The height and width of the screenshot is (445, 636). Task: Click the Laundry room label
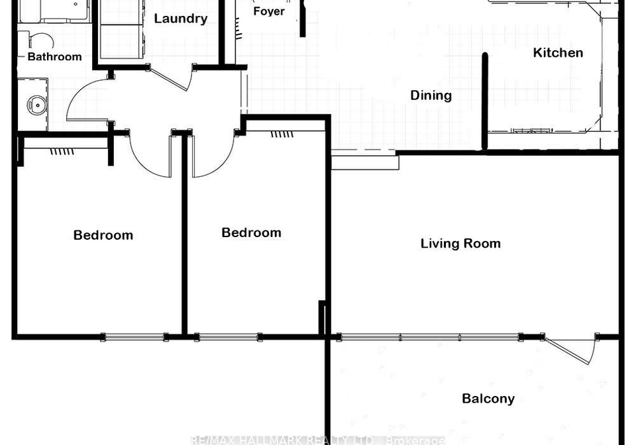[180, 19]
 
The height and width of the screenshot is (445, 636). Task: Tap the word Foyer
[269, 11]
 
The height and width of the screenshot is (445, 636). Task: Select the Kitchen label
[558, 53]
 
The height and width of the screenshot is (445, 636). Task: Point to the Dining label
[431, 95]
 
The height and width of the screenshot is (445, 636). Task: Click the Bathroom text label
[55, 57]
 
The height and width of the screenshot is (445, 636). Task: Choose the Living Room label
[460, 244]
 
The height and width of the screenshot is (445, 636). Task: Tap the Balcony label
[488, 399]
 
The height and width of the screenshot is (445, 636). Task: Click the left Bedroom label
[103, 235]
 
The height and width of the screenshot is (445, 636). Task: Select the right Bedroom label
[252, 232]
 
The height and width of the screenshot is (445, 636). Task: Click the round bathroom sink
[36, 105]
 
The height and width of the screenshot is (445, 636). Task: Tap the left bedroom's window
[134, 337]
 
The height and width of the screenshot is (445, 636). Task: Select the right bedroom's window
[228, 337]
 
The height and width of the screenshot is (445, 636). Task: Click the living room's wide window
[430, 337]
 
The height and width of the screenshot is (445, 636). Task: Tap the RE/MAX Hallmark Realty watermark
[317, 440]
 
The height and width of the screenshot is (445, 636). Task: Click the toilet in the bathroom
[40, 41]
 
